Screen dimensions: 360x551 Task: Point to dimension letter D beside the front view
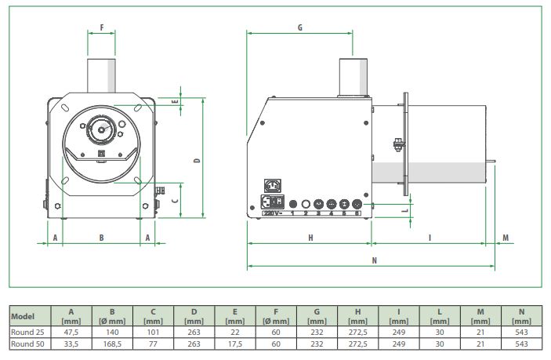coord(198,160)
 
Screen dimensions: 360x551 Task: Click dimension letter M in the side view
coord(505,237)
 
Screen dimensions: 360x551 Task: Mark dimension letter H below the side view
coord(310,237)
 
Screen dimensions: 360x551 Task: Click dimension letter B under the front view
coord(101,237)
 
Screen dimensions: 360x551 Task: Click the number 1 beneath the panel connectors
coord(292,213)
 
